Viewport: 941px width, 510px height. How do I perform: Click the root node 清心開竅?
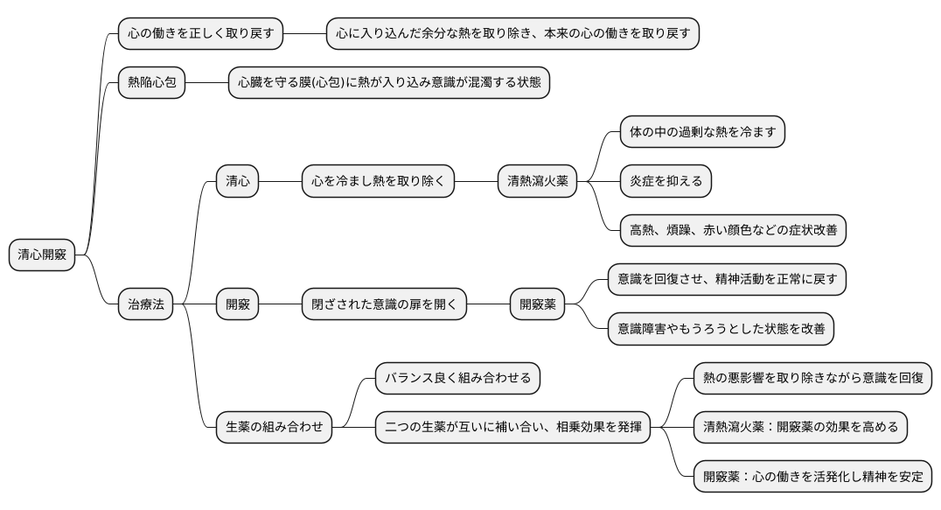click(42, 255)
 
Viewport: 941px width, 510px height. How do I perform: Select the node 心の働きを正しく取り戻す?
click(201, 34)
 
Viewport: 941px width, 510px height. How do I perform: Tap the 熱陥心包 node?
click(151, 83)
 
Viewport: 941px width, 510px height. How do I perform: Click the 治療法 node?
click(145, 304)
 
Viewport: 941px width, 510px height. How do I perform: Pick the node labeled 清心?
click(237, 181)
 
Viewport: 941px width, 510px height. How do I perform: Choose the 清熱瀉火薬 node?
click(538, 181)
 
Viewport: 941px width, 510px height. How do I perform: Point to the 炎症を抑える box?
click(666, 181)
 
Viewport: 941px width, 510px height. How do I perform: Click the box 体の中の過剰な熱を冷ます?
click(702, 132)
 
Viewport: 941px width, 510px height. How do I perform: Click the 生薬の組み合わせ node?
click(275, 427)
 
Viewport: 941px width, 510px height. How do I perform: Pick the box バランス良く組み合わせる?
click(458, 378)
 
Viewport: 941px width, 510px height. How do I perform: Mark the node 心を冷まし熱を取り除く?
click(378, 181)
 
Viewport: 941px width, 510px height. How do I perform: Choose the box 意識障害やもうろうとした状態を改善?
click(721, 329)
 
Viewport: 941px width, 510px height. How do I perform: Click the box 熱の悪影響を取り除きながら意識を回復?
click(812, 378)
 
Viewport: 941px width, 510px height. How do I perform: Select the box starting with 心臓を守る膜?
click(388, 83)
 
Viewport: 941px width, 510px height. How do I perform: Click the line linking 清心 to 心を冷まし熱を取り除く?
click(280, 181)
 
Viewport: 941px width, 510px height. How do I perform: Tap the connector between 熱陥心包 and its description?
click(206, 83)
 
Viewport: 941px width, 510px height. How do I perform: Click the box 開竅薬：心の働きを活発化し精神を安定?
click(812, 477)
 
